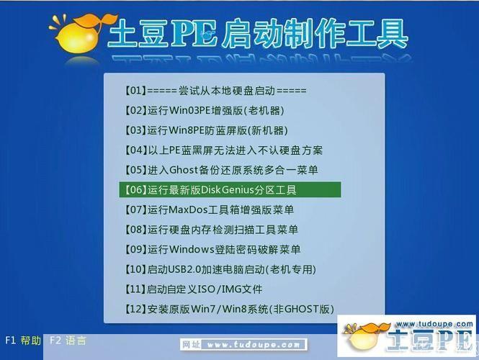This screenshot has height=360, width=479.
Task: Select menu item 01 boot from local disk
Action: [x=215, y=91]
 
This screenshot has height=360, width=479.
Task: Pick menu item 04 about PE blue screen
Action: [x=223, y=150]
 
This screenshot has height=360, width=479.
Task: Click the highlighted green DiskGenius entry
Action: [x=229, y=190]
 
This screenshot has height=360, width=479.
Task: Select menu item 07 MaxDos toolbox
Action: [x=209, y=210]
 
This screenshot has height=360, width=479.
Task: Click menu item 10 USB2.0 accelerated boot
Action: [x=220, y=269]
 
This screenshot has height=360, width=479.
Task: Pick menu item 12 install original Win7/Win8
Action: [x=229, y=309]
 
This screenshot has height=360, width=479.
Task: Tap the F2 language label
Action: [x=68, y=341]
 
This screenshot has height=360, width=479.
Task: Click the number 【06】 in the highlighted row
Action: [x=135, y=190]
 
